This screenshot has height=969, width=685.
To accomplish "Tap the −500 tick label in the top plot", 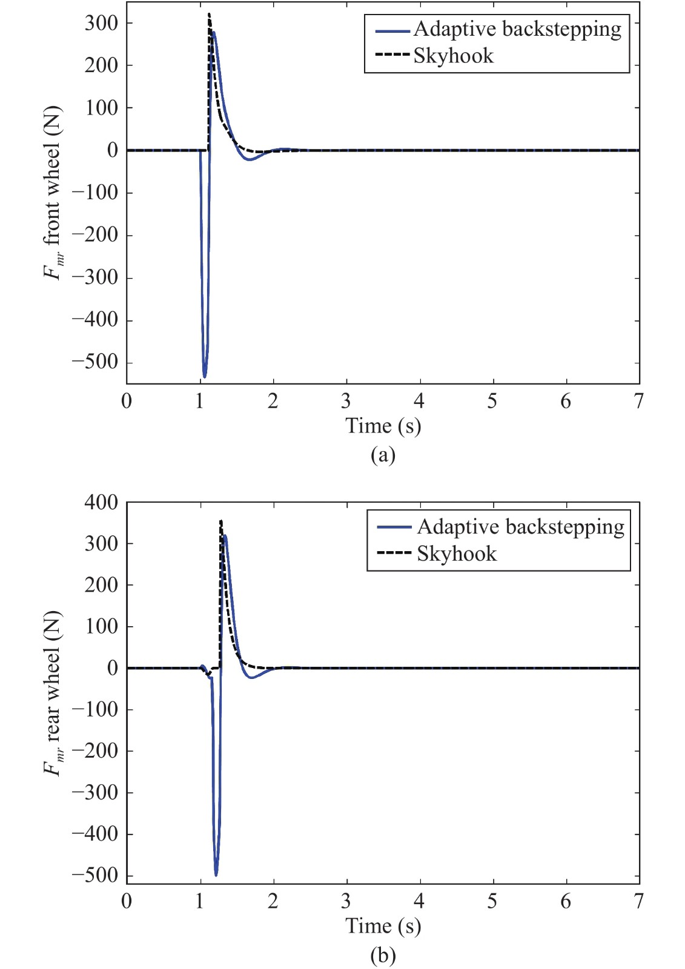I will point(95,362).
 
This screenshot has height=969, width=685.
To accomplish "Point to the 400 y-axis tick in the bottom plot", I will point(101,502).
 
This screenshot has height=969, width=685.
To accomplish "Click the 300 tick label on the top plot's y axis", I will point(101,23).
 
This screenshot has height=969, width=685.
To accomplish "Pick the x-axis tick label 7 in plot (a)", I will point(639,401).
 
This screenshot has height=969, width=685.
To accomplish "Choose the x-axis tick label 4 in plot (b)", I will point(419,901).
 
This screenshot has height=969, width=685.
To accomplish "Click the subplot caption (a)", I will point(383,454).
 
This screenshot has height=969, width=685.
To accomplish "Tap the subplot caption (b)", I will point(383,955).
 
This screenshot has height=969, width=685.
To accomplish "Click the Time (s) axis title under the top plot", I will point(383,426).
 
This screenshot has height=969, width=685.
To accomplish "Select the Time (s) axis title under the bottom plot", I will point(383,926).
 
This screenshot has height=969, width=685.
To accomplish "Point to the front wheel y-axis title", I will point(53,193).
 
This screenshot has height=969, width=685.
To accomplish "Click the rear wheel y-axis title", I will point(53,693).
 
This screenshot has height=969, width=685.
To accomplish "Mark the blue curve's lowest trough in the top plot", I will point(205,377).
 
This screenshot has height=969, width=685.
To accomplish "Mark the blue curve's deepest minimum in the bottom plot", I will point(216,875).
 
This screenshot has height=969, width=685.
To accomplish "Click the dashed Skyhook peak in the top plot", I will point(209,15).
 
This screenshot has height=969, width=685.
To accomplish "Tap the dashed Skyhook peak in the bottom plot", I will point(221,521).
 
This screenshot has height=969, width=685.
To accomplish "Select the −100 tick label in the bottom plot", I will point(95,709).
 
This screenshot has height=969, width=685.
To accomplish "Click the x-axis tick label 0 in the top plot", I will point(127,401).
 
